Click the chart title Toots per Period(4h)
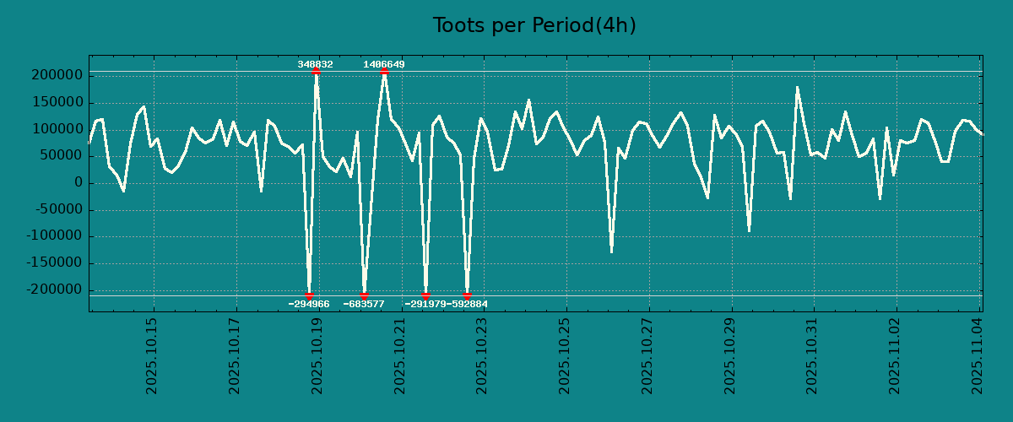click(534, 26)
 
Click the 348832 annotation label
click(315, 64)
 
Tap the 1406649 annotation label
click(384, 64)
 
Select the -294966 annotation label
click(309, 304)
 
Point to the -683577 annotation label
click(364, 304)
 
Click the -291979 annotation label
click(425, 304)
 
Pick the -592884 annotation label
click(468, 304)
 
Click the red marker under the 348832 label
click(316, 72)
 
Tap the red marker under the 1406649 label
click(384, 72)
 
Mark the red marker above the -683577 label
click(364, 295)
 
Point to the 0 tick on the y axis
click(78, 183)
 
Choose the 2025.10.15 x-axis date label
click(153, 355)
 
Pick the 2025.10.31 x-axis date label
click(813, 355)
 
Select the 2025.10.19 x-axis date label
click(318, 355)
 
